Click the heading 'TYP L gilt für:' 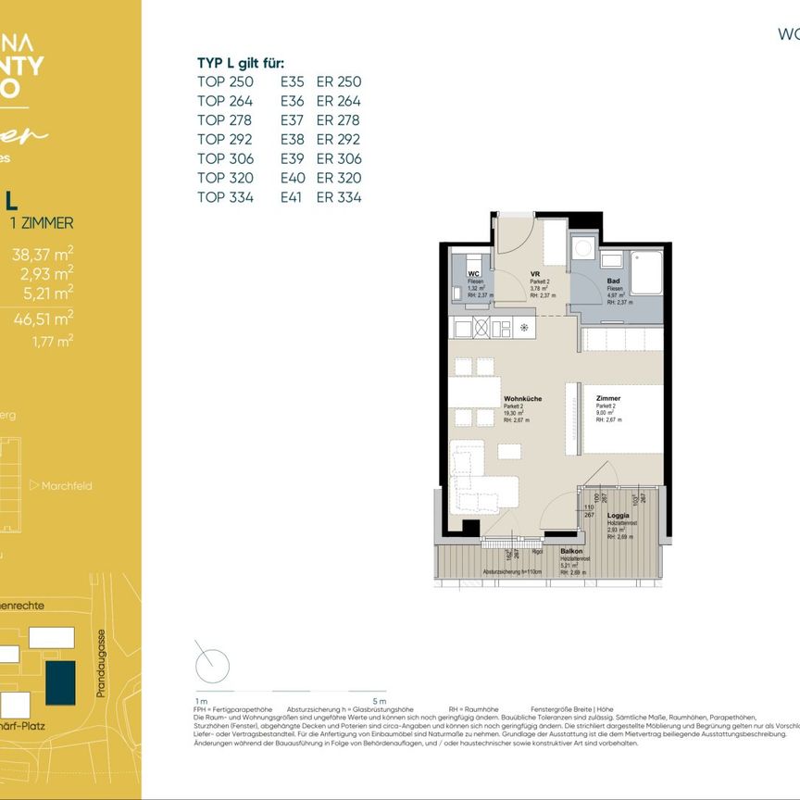pos(241,63)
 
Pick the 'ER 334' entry pos(339,197)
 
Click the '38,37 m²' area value pos(43,256)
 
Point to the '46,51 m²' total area pos(43,319)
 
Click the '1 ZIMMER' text pos(41,223)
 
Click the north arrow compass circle pos(212,665)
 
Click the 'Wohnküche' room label pos(522,399)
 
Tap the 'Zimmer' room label pos(608,399)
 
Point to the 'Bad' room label pos(613,281)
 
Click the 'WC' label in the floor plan pos(472,274)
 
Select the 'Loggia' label pos(619,516)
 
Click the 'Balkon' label pos(571,550)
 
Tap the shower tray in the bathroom pos(645,270)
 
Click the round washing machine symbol pos(583,248)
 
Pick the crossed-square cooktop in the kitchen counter pos(481,326)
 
